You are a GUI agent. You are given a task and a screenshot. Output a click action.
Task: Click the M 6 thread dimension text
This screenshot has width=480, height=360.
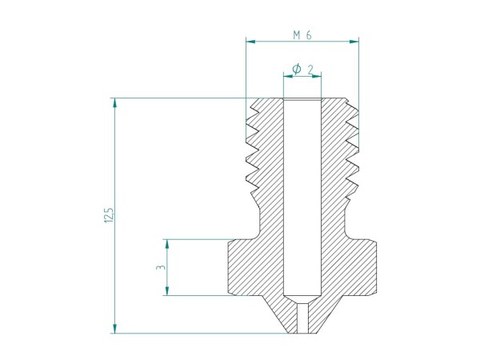coord(302,35)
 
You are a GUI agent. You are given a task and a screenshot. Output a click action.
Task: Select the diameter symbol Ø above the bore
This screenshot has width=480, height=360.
coord(296,70)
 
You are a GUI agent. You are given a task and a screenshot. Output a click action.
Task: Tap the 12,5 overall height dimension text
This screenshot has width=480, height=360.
coord(109,215)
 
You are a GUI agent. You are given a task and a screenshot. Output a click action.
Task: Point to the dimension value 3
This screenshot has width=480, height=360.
coord(160,268)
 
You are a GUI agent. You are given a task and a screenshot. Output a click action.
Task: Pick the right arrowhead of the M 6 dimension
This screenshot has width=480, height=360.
coord(354,40)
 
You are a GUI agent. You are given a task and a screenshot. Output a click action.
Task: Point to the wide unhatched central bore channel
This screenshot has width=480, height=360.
coord(302,192)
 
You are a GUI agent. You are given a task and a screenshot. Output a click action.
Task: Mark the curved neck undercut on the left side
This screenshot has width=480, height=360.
coord(258,220)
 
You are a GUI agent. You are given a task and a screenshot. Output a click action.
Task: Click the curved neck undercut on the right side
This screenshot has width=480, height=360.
coord(347,220)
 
